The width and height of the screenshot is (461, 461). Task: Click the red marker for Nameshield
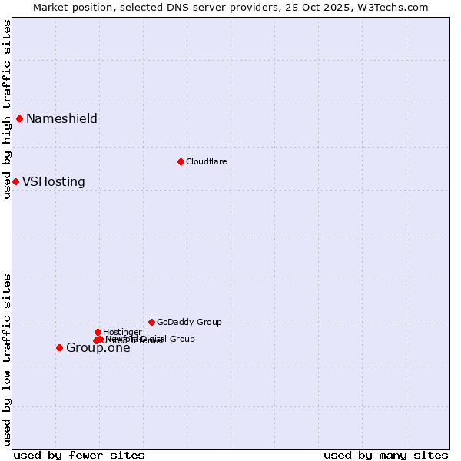19,118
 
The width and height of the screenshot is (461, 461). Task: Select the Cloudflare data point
181,161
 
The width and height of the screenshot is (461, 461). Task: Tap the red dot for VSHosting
15,181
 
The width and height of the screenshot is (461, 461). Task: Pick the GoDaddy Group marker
151,322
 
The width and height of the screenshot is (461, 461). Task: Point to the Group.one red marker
59,347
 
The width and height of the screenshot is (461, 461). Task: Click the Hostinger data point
98,332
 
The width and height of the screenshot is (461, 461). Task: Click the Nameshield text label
61,118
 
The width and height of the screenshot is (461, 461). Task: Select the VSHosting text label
54,182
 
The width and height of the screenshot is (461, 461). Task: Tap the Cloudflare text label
206,161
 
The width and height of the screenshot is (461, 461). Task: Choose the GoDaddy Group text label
189,322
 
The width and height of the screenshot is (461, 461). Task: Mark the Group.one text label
98,348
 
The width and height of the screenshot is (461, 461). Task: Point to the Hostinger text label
122,332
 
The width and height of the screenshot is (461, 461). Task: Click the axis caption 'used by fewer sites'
79,455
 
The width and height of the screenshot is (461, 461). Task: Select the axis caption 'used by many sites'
386,455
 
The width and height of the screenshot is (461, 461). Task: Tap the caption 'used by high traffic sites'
7,109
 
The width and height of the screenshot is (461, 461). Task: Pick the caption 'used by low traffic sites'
7,359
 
